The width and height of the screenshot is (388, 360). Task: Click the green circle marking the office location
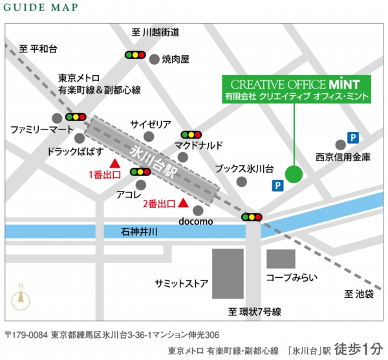click(x=294, y=174)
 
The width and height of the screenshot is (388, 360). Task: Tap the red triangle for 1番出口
click(x=114, y=163)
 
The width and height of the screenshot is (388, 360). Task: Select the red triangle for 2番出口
click(x=183, y=204)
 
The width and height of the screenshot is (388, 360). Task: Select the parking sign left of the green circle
click(x=277, y=186)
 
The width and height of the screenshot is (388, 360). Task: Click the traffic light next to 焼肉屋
click(x=136, y=56)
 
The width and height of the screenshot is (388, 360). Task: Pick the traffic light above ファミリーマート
click(x=76, y=118)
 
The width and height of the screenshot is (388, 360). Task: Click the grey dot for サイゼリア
click(x=149, y=136)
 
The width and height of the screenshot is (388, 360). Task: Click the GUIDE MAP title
click(x=41, y=8)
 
